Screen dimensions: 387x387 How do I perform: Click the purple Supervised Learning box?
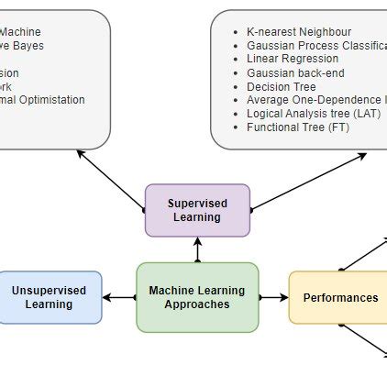coord(197,210)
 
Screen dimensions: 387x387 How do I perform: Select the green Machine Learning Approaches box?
coord(197,297)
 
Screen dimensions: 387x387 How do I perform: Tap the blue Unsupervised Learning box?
coord(50,297)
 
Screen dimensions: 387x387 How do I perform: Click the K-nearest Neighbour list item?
coord(299,31)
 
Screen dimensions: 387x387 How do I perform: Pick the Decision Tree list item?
coord(281,86)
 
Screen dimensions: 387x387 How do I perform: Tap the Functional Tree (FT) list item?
coord(298,127)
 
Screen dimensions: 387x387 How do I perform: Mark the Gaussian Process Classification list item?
coord(312,45)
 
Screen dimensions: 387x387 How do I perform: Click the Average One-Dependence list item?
coord(312,100)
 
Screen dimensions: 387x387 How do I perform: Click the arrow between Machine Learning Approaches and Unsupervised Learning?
coord(119,297)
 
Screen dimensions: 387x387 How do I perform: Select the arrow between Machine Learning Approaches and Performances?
coord(273,297)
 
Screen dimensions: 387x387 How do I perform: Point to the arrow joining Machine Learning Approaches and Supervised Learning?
coord(197,249)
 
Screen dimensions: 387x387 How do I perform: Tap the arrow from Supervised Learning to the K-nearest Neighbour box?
coord(307,181)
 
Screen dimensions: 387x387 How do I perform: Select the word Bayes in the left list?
coord(28,45)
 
